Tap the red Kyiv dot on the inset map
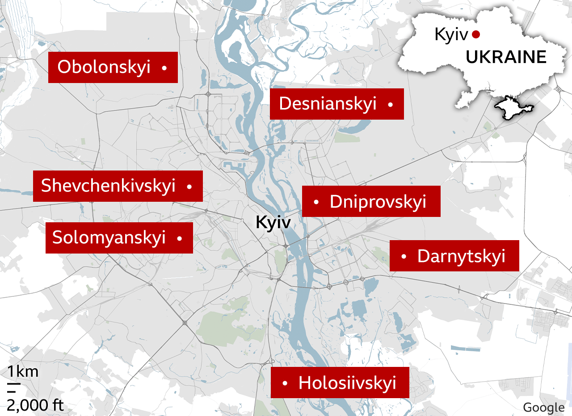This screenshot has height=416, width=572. coord(476,34)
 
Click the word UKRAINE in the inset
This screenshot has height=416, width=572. coord(506,57)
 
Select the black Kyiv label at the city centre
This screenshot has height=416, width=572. coord(273,222)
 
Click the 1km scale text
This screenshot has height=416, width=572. coord(22,371)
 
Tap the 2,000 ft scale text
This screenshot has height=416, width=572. coord(35,405)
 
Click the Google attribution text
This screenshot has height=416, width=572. coord(543,407)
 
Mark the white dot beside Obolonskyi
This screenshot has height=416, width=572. coord(164,68)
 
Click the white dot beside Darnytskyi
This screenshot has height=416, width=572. coord(404,256)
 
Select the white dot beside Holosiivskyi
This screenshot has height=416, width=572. coord(285,383)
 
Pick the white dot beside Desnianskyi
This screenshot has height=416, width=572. coord(391,104)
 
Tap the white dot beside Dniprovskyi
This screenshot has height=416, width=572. coord(316,202)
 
